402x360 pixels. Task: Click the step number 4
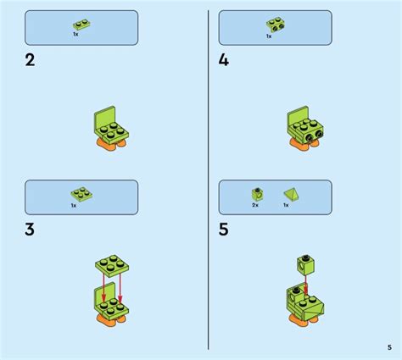point(225,60)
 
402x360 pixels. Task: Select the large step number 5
point(225,230)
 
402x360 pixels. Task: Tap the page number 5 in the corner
point(388,346)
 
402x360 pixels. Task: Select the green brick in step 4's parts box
point(276,24)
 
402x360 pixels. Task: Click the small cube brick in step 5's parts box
point(255,193)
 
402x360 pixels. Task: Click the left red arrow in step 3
point(104,285)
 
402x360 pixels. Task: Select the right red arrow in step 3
point(120,285)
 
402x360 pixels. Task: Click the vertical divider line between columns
point(209,178)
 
